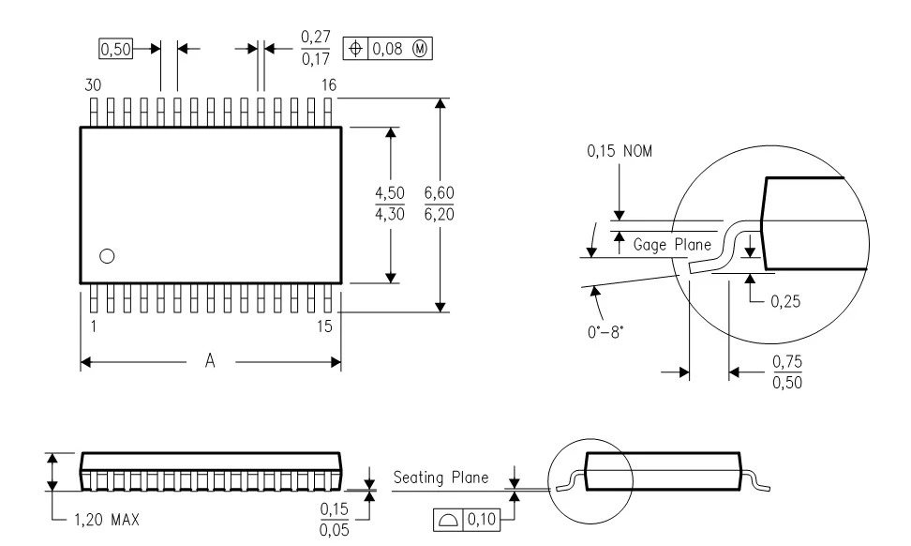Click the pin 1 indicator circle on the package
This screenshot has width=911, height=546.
coord(107,256)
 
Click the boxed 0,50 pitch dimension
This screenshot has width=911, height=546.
coord(115,49)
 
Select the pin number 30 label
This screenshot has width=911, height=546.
coord(93,84)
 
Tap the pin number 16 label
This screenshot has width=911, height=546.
coord(329,84)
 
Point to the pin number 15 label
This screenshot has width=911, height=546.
coord(325,326)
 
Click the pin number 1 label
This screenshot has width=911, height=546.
coord(94,326)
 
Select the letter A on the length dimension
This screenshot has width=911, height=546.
coord(210,361)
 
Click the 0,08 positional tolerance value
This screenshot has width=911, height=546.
coord(387,49)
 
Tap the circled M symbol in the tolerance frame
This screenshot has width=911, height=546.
coord(420,49)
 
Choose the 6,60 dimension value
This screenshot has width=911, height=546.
coord(440,192)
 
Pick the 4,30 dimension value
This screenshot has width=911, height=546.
coord(390,214)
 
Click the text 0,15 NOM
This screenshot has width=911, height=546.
coord(620,151)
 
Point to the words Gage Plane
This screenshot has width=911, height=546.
coord(672,244)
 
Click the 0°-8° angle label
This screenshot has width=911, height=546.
coord(605,332)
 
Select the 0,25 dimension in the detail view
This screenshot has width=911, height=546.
coord(785,301)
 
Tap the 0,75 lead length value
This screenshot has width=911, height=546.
coord(787,362)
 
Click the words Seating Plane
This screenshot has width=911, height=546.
coord(441,478)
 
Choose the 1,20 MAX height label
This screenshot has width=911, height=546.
coord(107,519)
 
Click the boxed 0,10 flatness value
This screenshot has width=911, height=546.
coord(483,519)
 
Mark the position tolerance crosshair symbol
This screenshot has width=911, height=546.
coord(355,48)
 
